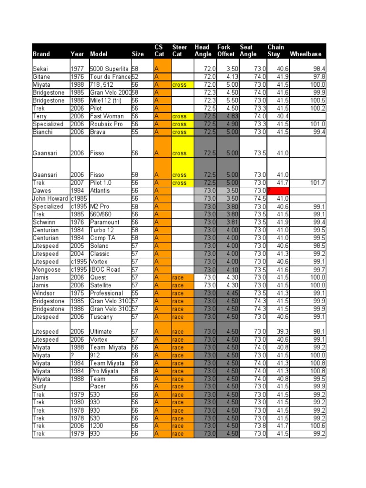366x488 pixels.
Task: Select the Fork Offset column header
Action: click(x=226, y=51)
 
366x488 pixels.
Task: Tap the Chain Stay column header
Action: click(x=275, y=51)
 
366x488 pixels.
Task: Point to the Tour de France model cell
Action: click(x=110, y=77)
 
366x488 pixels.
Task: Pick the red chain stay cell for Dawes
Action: click(x=278, y=191)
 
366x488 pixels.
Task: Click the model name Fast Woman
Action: click(x=107, y=116)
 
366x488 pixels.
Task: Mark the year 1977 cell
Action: click(x=76, y=69)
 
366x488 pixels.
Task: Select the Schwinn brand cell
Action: click(x=44, y=222)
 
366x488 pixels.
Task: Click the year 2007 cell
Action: click(x=76, y=183)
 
